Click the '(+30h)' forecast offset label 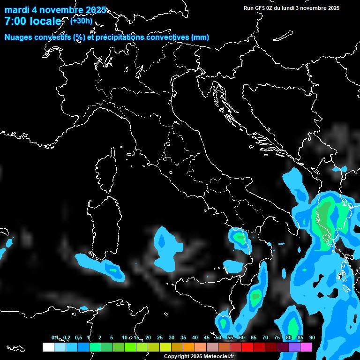[81, 21]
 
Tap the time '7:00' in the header [15, 21]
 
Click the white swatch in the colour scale [48, 347]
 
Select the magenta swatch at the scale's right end [306, 347]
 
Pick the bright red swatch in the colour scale [247, 347]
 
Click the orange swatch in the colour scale [188, 347]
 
